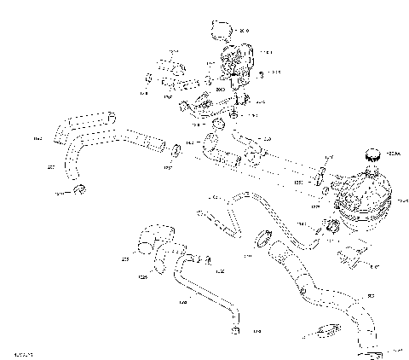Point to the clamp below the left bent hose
point(78,189)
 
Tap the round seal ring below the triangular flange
point(218,127)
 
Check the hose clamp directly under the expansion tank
point(332,226)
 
